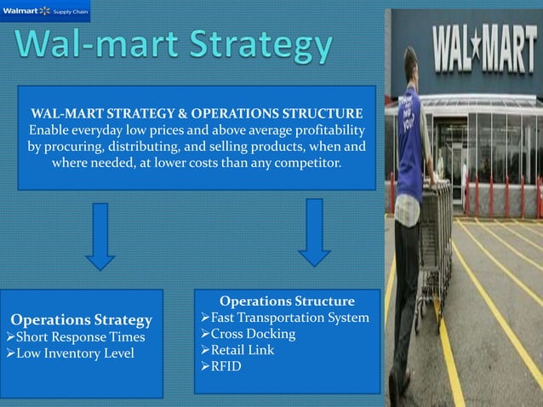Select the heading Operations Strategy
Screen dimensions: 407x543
82,320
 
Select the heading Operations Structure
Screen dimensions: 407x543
287,301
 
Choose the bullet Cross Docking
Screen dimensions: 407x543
247,334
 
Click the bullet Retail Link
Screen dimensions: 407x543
243,350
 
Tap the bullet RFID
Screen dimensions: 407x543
223,366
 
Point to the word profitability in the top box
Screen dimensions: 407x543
323,129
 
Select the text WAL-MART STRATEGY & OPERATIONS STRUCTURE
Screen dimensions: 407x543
197,113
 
